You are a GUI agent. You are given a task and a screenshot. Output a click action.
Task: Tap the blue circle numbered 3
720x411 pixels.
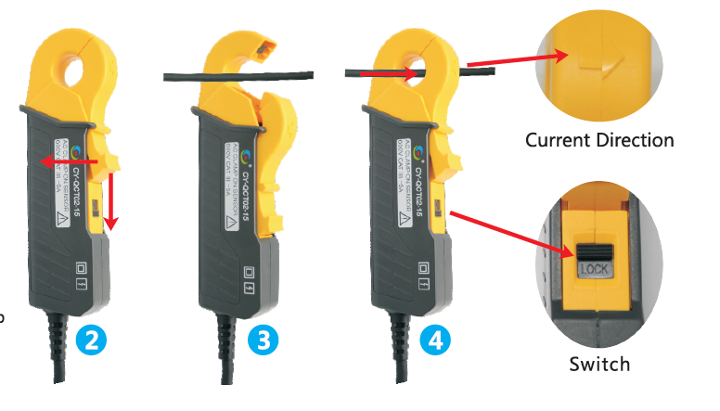264,340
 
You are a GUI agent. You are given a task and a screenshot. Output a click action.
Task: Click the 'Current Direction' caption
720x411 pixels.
599,141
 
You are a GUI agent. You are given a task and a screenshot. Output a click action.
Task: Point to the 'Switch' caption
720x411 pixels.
600,364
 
